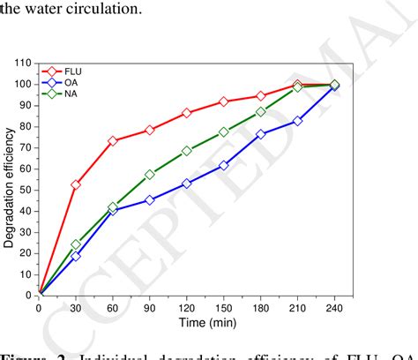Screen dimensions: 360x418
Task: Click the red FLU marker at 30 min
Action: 76,184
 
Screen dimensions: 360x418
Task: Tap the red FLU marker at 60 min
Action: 113,141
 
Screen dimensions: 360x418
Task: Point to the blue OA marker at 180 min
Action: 261,134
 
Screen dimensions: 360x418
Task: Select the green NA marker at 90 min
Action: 150,175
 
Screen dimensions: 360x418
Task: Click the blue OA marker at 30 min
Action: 76,255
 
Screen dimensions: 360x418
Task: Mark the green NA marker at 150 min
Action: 224,132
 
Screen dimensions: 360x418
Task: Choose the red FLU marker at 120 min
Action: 187,113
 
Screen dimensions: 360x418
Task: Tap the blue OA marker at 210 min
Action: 298,121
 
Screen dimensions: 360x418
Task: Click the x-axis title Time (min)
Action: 186,323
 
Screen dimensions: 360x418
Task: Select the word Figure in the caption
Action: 23,355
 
